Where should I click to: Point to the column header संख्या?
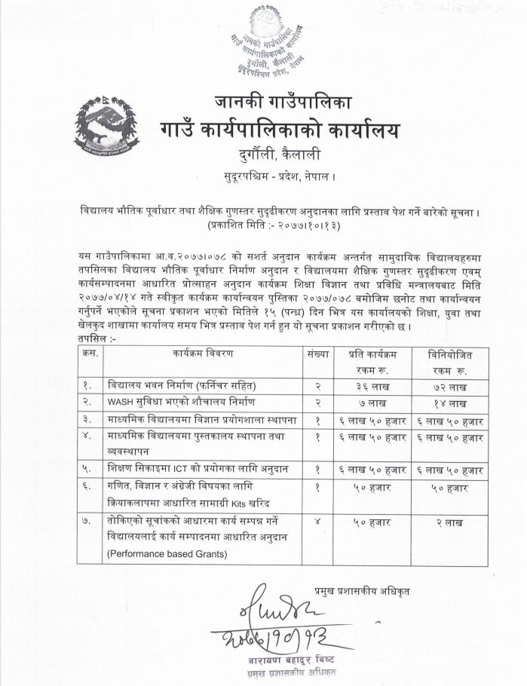click(x=317, y=354)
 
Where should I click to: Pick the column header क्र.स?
click(x=88, y=354)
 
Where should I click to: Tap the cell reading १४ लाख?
click(x=452, y=402)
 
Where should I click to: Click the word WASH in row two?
click(x=121, y=402)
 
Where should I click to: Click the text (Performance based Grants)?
click(x=166, y=554)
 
